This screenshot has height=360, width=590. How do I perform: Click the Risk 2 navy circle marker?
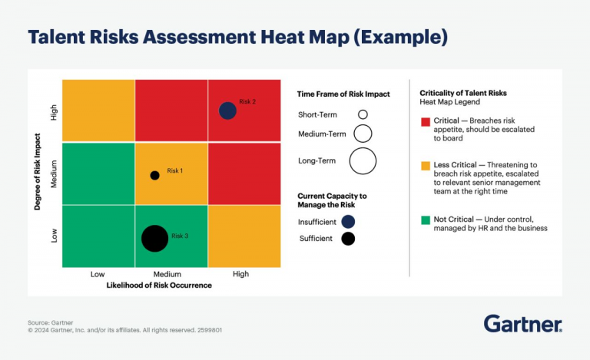point(227,111)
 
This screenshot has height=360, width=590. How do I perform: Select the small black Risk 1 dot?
point(154,175)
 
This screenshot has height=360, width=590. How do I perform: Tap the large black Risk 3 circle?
point(154,238)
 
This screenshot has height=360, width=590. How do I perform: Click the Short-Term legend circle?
point(363,114)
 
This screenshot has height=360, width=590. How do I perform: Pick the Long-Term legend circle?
point(363,161)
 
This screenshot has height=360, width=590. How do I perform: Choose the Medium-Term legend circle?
point(363,134)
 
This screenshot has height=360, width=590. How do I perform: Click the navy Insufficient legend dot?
point(348,221)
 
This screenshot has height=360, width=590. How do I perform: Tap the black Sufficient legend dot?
point(348,238)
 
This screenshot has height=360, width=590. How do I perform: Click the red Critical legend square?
point(425,121)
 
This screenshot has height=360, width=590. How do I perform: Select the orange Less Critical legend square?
point(425,166)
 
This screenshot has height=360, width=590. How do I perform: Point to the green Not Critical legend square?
point(425,220)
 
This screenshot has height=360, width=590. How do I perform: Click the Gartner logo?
point(522,324)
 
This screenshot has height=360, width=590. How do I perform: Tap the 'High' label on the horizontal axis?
point(240,274)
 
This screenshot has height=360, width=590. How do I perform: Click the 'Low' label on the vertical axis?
point(55,236)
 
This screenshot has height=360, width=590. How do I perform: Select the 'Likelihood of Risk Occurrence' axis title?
point(159,286)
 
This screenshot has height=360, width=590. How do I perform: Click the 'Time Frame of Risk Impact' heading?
point(343,94)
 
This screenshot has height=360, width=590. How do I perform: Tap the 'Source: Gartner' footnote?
point(51,322)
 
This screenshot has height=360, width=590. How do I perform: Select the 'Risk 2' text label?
point(247,101)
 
